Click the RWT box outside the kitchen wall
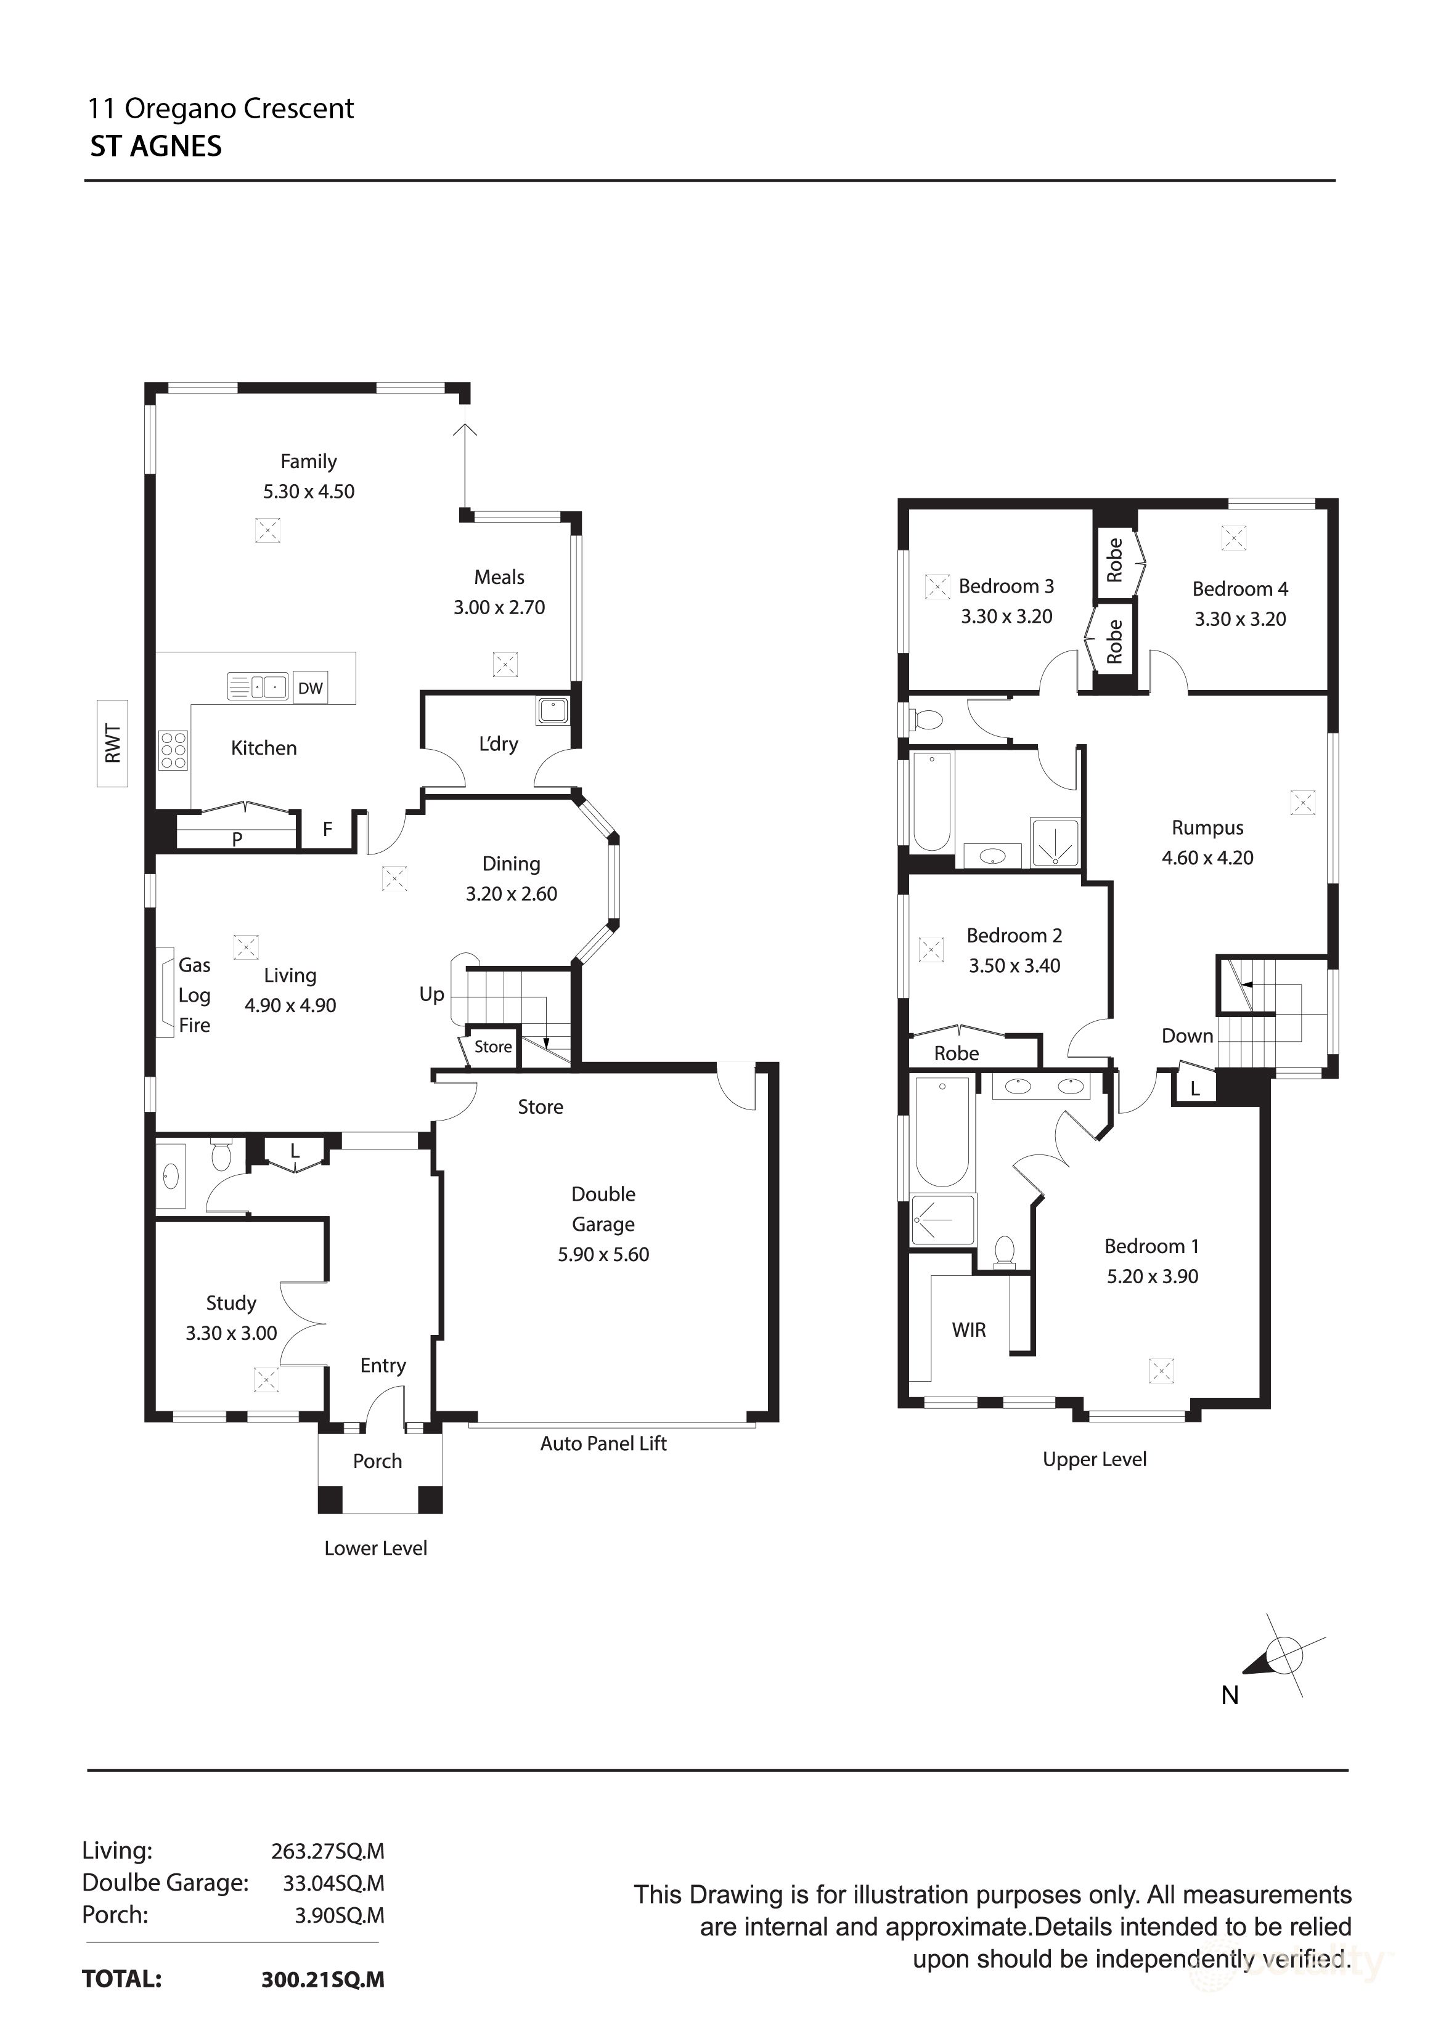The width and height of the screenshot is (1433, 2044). [112, 744]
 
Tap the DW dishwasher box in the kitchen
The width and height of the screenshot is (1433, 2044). [310, 687]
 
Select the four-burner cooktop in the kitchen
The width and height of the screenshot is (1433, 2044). [173, 750]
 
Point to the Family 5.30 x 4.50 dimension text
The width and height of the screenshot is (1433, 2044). [308, 492]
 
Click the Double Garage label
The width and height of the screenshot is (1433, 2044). [603, 1208]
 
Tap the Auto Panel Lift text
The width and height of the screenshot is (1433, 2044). [603, 1443]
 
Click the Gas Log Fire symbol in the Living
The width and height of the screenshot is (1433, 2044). [166, 992]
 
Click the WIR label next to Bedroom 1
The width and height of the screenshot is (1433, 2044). [968, 1330]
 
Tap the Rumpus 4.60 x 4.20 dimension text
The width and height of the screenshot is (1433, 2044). [1207, 858]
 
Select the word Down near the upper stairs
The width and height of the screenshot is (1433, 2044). [1186, 1036]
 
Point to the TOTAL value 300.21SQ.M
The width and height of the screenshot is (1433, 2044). [322, 1979]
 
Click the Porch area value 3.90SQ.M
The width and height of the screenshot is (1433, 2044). [340, 1915]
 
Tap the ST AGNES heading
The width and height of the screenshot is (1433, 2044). [156, 147]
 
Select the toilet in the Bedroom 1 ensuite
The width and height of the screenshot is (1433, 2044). [1005, 1251]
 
